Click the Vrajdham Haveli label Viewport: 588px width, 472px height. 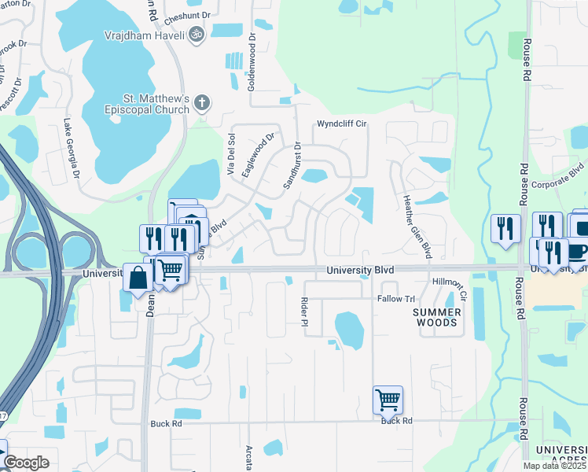pyautogui.click(x=145, y=35)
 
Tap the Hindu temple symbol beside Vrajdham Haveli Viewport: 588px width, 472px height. pyautogui.click(x=197, y=34)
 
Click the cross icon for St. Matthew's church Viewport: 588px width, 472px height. pyautogui.click(x=202, y=102)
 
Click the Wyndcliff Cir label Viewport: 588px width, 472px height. pyautogui.click(x=342, y=124)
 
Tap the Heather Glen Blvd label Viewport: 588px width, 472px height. pyautogui.click(x=417, y=227)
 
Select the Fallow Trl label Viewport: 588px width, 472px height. pyautogui.click(x=395, y=299)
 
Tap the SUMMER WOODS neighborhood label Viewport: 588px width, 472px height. pyautogui.click(x=435, y=317)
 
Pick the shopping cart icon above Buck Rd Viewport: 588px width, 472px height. pyautogui.click(x=388, y=400)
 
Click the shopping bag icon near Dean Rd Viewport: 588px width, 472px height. pyautogui.click(x=138, y=278)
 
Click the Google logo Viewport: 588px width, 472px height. pyautogui.click(x=26, y=463)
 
